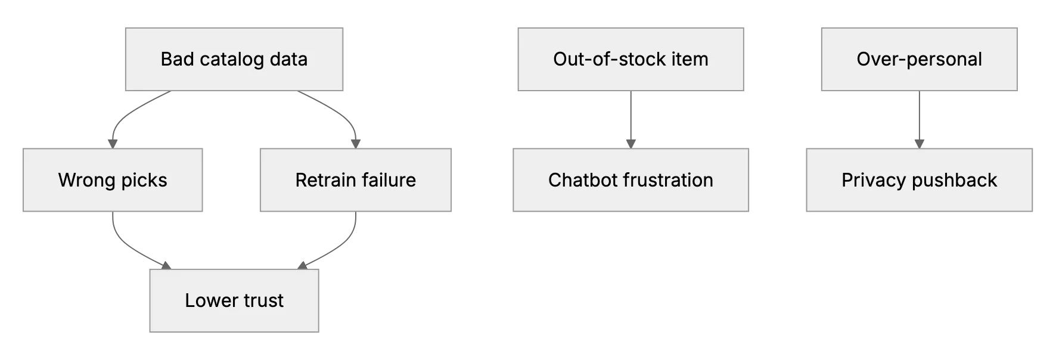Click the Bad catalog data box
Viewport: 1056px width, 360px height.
(234, 59)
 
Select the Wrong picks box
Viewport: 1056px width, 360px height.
(113, 180)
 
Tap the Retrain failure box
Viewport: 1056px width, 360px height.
(356, 180)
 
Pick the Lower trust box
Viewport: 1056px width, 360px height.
(234, 300)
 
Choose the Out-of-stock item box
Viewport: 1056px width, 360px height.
(631, 59)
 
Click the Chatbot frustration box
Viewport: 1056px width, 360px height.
(631, 180)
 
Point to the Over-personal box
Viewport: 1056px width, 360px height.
(919, 59)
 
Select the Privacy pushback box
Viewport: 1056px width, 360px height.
(919, 180)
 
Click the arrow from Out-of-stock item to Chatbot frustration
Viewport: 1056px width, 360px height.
(631, 120)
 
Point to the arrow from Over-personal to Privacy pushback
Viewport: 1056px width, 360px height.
(919, 120)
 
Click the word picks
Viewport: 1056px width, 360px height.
(143, 181)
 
